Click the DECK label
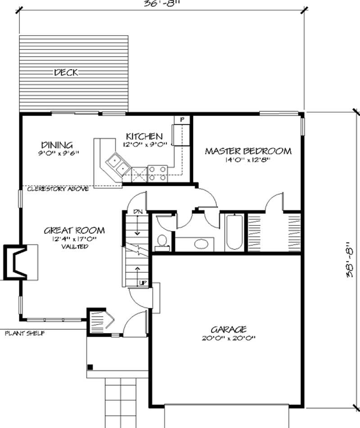66,72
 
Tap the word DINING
57,145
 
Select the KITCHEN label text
144,136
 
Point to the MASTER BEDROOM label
248,151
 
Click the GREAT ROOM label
74,230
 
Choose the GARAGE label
228,329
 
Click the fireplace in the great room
18,262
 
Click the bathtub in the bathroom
234,232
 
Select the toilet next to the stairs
161,241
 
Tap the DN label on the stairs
138,211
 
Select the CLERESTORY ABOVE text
58,189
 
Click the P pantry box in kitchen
182,120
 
